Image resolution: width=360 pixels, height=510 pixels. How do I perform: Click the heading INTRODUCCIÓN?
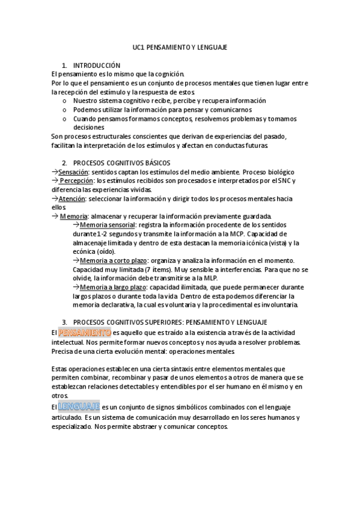coord(97,65)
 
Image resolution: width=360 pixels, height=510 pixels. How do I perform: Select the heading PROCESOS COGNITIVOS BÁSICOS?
coord(121,163)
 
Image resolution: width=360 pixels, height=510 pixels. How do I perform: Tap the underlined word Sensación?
coord(76,172)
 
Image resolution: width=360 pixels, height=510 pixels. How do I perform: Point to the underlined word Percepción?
coord(76,181)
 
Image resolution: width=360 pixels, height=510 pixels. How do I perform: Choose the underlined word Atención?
coord(72,198)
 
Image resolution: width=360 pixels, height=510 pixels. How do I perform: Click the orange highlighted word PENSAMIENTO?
coord(85,332)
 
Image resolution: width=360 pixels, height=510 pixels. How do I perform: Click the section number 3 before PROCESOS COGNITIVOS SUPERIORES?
coord(64,323)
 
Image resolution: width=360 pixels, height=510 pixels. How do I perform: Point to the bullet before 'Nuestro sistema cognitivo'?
coord(64,101)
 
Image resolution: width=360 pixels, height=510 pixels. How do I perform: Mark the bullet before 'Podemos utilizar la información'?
coord(64,110)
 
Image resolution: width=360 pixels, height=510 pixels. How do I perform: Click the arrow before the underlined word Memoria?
coord(55,217)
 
